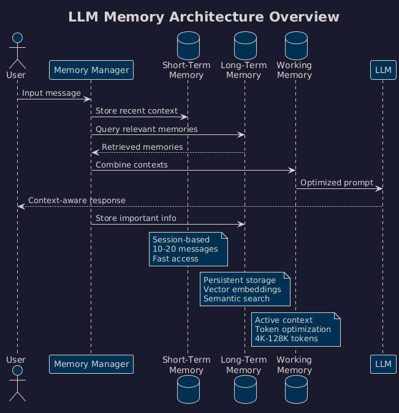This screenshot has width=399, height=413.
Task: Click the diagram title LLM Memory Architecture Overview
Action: [203, 17]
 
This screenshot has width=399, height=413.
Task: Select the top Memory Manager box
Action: [91, 70]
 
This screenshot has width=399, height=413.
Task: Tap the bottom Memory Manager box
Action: [91, 364]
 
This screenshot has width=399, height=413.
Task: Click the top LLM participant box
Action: [383, 70]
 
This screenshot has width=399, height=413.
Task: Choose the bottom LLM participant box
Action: [383, 364]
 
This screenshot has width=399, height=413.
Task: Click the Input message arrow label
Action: [51, 93]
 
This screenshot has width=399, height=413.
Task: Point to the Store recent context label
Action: [136, 111]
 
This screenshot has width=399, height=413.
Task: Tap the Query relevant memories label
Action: [146, 129]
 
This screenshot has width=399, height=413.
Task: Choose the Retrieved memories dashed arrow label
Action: [142, 147]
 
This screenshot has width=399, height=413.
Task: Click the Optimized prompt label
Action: [336, 183]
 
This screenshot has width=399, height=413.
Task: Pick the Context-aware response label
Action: [77, 201]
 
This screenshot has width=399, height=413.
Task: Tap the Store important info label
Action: [135, 218]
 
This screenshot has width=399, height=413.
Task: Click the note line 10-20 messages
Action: [185, 249]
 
